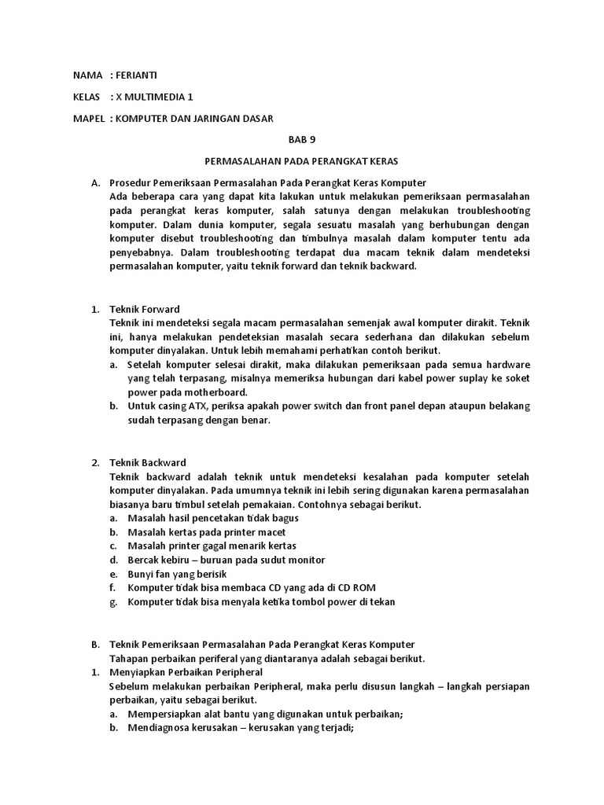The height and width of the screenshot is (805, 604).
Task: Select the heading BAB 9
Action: point(302,140)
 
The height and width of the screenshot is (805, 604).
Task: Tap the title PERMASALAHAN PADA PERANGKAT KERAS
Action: point(302,161)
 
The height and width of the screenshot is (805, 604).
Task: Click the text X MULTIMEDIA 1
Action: point(153,97)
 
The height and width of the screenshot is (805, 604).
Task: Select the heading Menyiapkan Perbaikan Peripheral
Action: point(186,672)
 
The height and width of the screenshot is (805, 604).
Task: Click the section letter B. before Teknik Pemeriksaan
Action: point(95,644)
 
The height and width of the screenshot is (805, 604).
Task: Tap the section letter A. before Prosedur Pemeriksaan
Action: point(95,182)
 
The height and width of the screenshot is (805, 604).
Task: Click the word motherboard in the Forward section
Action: point(219,392)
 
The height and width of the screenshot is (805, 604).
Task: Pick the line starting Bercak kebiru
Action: point(215,560)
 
